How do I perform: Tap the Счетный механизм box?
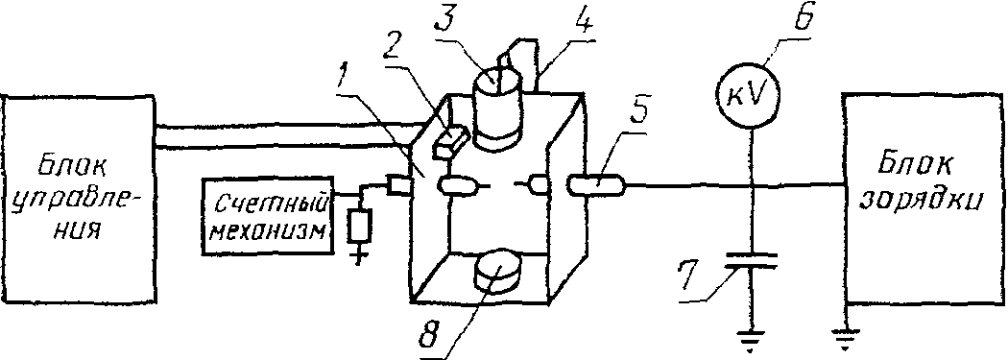(x=270, y=215)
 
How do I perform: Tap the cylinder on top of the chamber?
(x=496, y=111)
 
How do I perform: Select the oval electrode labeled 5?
(x=596, y=187)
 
